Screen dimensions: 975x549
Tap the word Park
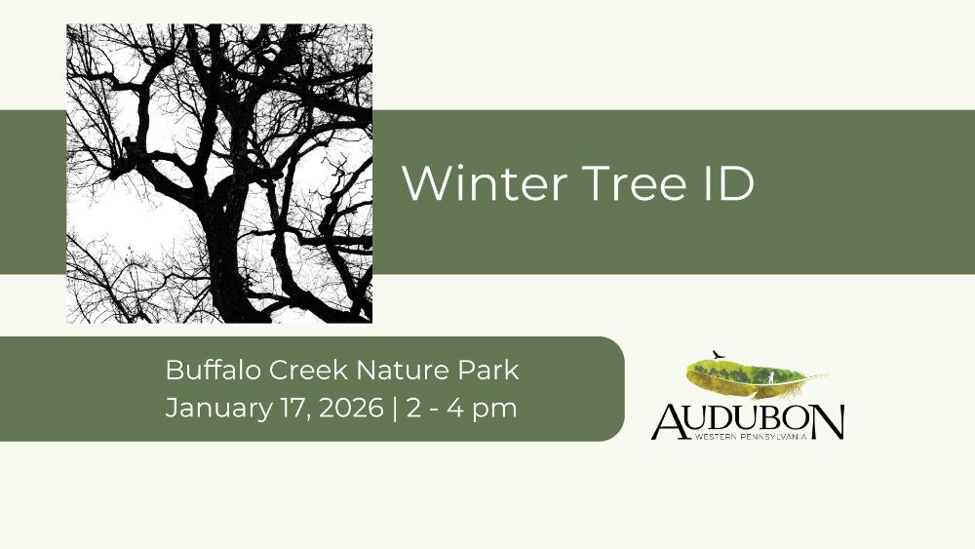click(488, 370)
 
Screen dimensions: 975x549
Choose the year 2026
click(351, 409)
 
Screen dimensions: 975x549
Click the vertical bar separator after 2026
click(395, 410)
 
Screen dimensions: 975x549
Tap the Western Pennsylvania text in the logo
click(751, 437)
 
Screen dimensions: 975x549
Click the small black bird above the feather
click(719, 355)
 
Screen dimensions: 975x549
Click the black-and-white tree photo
click(218, 174)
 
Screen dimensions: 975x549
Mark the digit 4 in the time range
click(455, 409)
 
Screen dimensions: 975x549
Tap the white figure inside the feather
click(771, 376)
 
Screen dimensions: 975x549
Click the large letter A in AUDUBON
click(670, 421)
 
